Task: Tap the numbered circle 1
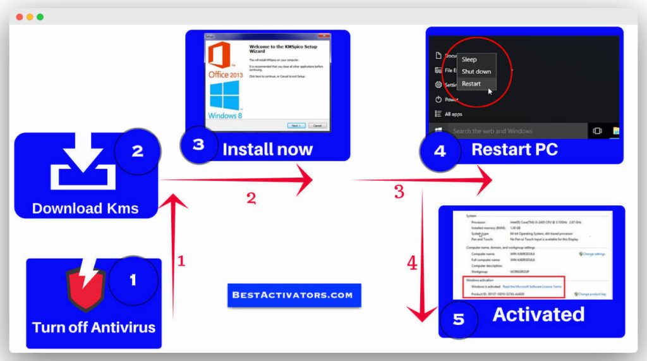pyautogui.click(x=133, y=279)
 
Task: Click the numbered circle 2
pyautogui.click(x=137, y=152)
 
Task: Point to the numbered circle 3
pyautogui.click(x=198, y=145)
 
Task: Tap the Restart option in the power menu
pyautogui.click(x=471, y=83)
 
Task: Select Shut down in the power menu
pyautogui.click(x=476, y=71)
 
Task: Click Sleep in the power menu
pyautogui.click(x=469, y=59)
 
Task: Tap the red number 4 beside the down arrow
pyautogui.click(x=412, y=262)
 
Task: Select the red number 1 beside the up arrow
pyautogui.click(x=181, y=260)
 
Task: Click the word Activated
pyautogui.click(x=538, y=314)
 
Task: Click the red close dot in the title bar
pyautogui.click(x=19, y=16)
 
